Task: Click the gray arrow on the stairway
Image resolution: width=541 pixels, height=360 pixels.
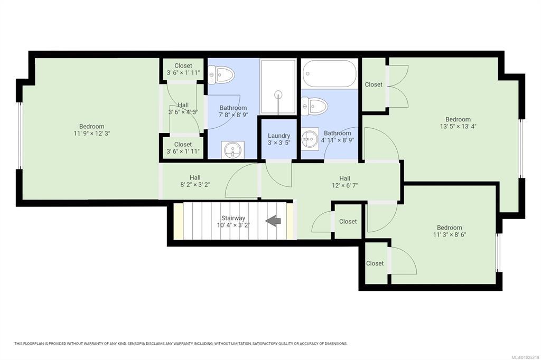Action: coord(273,221)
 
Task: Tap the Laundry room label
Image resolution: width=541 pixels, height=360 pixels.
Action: coord(279,136)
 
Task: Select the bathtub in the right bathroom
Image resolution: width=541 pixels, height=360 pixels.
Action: coord(330,74)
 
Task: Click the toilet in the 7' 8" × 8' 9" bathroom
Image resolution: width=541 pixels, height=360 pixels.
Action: coord(221,74)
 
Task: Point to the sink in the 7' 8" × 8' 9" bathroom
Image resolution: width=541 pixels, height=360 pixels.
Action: coord(233,150)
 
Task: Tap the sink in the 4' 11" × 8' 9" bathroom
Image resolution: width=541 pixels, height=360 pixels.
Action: coord(310,138)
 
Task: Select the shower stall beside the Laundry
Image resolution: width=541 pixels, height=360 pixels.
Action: coord(278,87)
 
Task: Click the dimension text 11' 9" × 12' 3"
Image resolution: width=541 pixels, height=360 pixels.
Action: coord(91,134)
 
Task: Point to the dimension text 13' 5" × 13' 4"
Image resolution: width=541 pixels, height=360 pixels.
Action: coord(458,126)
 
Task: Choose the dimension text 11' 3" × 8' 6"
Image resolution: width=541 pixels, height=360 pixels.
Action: coord(450,235)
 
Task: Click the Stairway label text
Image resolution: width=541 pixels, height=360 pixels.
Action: coord(233,218)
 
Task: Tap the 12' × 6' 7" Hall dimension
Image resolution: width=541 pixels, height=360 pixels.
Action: coord(344,185)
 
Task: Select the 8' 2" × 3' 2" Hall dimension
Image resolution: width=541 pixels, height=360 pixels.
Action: coord(195,184)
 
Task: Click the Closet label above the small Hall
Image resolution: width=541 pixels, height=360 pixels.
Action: coord(183,65)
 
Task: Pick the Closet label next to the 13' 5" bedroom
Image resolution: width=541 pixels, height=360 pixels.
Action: coord(374,84)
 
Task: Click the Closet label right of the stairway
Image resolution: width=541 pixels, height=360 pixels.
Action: coord(348,221)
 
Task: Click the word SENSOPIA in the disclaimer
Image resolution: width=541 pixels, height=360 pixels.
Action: coord(137,344)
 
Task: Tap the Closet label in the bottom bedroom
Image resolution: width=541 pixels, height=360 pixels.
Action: coord(375,263)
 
